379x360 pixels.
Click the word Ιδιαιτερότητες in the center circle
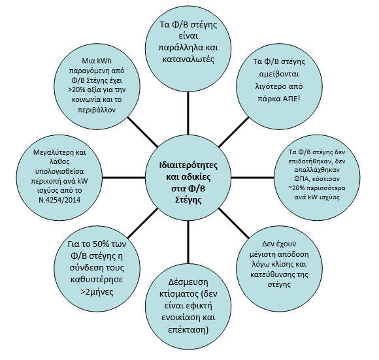tap(188, 165)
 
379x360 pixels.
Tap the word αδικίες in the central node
tap(195, 177)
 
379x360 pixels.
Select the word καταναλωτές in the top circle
tap(188, 59)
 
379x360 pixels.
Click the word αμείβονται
tap(279, 74)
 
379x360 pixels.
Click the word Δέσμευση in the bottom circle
tap(188, 282)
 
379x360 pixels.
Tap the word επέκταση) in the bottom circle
tap(188, 330)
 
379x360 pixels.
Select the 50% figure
tap(101, 244)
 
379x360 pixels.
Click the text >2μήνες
tap(97, 292)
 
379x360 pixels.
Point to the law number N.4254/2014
tap(59, 200)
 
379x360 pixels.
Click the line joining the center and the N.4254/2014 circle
tap(124, 178)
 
